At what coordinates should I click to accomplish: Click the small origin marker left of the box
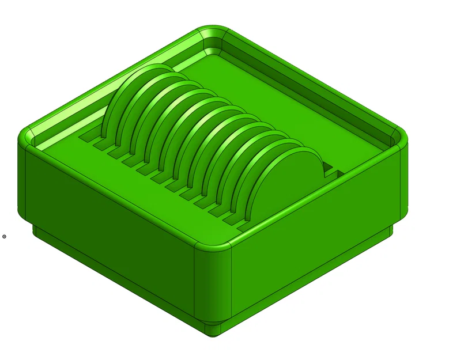coord(4,236)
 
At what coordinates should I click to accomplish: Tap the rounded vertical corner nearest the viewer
coord(213,282)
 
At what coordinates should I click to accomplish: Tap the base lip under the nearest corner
coord(213,329)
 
